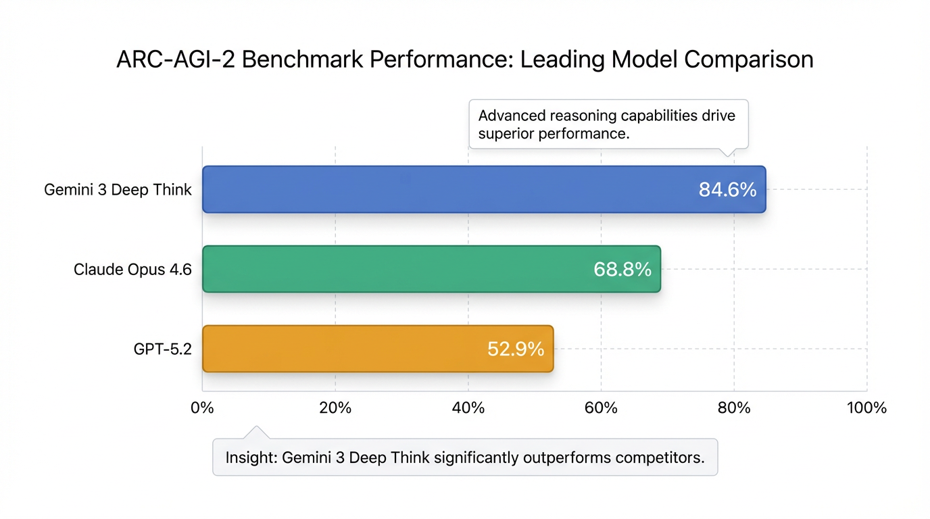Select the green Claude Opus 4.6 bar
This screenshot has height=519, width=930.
click(x=392, y=269)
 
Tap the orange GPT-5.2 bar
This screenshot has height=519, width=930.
click(x=338, y=349)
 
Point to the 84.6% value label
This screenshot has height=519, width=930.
click(x=727, y=190)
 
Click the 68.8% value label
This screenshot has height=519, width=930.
click(x=622, y=270)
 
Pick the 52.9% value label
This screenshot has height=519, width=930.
click(x=516, y=349)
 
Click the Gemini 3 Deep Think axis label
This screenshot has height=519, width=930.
click(x=118, y=190)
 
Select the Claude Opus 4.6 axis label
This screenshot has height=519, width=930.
click(x=132, y=270)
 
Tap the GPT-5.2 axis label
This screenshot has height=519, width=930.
click(x=163, y=349)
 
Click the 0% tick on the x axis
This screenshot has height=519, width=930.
click(x=202, y=408)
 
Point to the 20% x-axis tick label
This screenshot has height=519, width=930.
click(x=335, y=408)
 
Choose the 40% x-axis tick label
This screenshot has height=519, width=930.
click(x=468, y=408)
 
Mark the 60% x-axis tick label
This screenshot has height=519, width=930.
click(x=602, y=408)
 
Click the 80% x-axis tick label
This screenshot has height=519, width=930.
click(x=734, y=408)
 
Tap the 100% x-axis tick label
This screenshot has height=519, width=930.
click(x=866, y=408)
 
